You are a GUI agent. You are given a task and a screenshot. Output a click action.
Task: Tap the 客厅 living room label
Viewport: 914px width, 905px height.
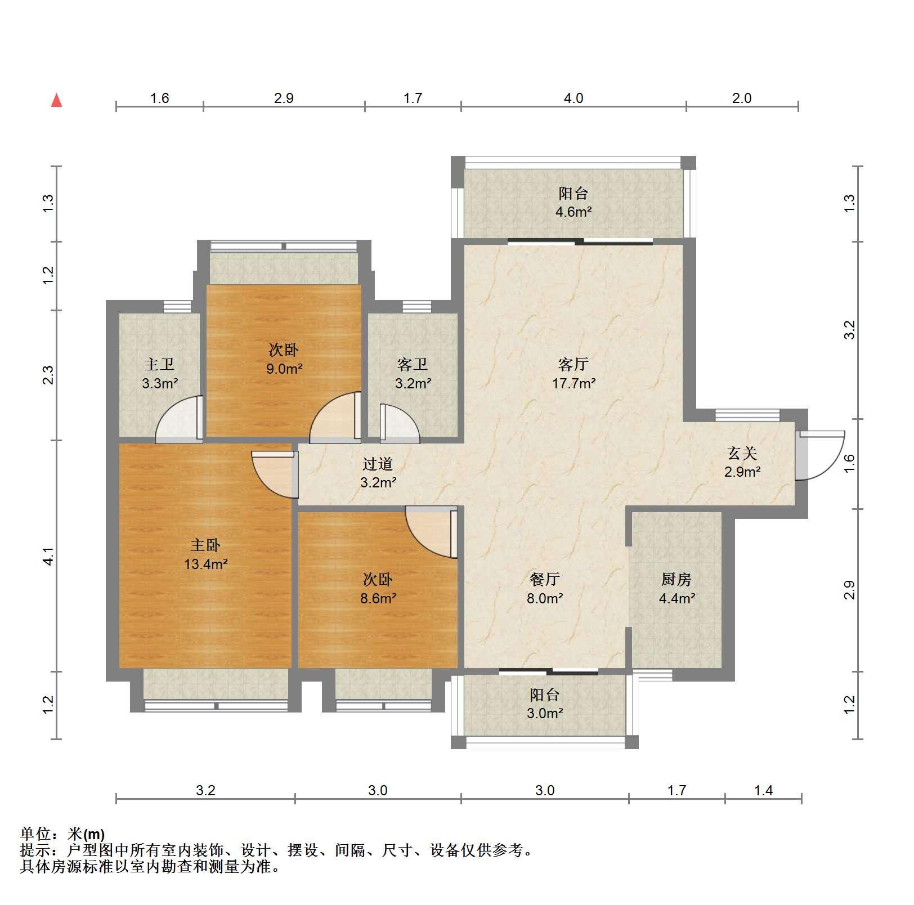pyautogui.click(x=573, y=364)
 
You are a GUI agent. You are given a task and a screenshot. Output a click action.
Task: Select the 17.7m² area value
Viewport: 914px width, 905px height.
pyautogui.click(x=573, y=384)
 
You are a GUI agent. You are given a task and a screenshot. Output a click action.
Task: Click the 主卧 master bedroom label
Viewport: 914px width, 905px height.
pyautogui.click(x=205, y=545)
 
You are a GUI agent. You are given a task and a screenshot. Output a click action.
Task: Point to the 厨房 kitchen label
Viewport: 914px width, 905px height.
pyautogui.click(x=676, y=579)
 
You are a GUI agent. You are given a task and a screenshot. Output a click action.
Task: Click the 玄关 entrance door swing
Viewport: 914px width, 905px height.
pyautogui.click(x=821, y=455)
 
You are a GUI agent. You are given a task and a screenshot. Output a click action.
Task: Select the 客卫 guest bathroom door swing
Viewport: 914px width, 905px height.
pyautogui.click(x=400, y=423)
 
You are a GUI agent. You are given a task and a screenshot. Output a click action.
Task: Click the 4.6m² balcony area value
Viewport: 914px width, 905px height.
pyautogui.click(x=574, y=212)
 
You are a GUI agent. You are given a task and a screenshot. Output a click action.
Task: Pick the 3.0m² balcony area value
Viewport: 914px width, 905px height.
pyautogui.click(x=545, y=714)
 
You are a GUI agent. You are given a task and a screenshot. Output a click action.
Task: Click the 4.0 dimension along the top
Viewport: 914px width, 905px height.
pyautogui.click(x=574, y=98)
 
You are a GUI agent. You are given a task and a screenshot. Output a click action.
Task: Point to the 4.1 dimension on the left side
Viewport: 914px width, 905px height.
pyautogui.click(x=49, y=556)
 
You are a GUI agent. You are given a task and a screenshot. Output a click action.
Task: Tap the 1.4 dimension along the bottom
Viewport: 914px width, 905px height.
pyautogui.click(x=763, y=791)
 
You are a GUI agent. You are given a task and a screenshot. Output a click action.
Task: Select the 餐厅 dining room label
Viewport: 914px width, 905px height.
pyautogui.click(x=544, y=579)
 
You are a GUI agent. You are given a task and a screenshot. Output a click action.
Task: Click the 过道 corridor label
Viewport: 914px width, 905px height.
pyautogui.click(x=377, y=464)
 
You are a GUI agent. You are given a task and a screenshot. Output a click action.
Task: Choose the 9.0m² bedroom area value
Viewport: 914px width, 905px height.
pyautogui.click(x=284, y=369)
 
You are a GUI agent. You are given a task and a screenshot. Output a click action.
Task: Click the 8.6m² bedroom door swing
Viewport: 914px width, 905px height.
pyautogui.click(x=431, y=532)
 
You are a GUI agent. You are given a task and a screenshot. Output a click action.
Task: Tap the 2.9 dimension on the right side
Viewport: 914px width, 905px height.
pyautogui.click(x=850, y=590)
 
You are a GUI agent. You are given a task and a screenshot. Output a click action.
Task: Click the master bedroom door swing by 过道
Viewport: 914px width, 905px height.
pyautogui.click(x=275, y=474)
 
